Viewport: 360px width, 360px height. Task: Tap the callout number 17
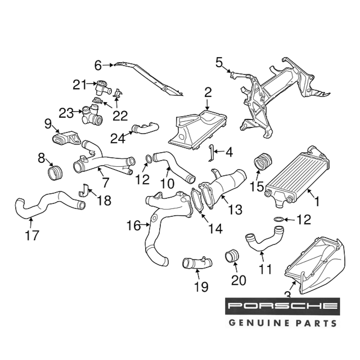(32, 235)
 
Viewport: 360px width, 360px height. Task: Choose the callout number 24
(118, 139)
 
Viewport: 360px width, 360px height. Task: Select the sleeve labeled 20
(232, 256)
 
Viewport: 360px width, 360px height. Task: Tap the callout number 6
(98, 65)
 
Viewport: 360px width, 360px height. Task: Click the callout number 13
(235, 210)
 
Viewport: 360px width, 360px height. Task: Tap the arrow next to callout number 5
(227, 69)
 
